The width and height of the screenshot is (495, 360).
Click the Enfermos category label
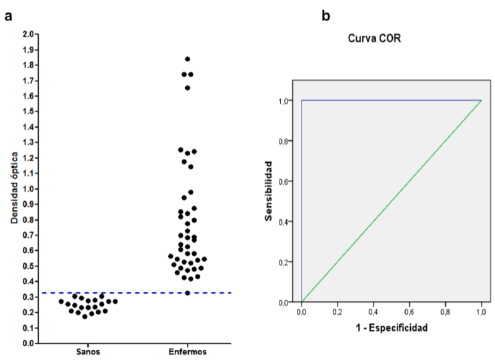click(187, 351)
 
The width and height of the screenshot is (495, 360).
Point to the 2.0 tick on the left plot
click(28, 34)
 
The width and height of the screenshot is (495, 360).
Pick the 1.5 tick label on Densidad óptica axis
click(28, 111)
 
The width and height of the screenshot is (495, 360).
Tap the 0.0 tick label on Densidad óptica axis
click(28, 343)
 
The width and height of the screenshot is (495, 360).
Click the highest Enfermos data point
click(187, 59)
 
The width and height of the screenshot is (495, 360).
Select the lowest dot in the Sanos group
click(85, 316)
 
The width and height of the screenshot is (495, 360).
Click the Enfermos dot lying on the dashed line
click(187, 293)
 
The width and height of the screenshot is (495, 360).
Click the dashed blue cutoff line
click(133, 293)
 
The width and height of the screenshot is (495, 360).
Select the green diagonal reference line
click(392, 201)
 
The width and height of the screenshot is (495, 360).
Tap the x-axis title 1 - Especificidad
click(392, 328)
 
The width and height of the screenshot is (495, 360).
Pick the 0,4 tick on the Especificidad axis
click(374, 311)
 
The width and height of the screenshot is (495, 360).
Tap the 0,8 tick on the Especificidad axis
click(446, 311)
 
